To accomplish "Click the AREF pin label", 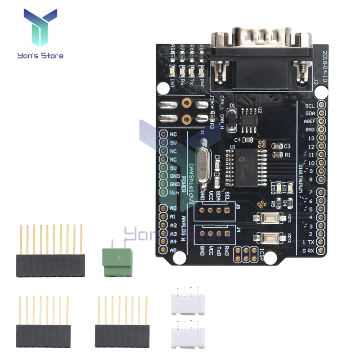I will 310,121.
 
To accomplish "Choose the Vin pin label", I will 174,192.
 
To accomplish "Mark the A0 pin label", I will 173,208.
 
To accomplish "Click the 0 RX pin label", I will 308,251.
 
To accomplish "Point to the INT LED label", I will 173,82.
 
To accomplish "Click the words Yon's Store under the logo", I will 40,56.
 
